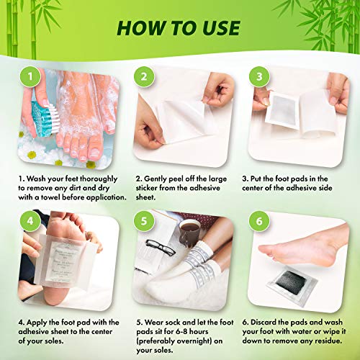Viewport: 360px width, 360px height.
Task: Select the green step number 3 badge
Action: [258, 76]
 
